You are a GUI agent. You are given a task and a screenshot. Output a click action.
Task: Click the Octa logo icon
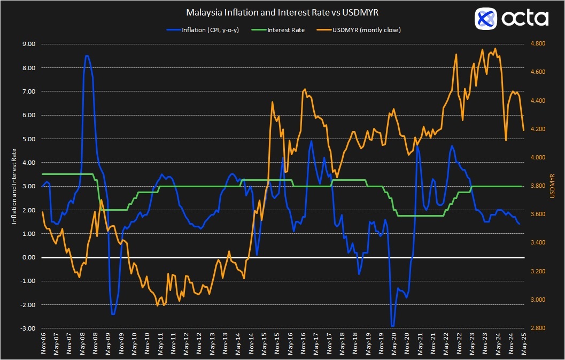[486, 19]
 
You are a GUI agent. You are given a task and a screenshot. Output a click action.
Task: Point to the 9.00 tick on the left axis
[28, 44]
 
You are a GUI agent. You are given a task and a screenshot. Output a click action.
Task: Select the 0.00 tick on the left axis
[28, 257]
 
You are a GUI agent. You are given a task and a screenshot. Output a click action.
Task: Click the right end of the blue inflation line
[519, 224]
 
